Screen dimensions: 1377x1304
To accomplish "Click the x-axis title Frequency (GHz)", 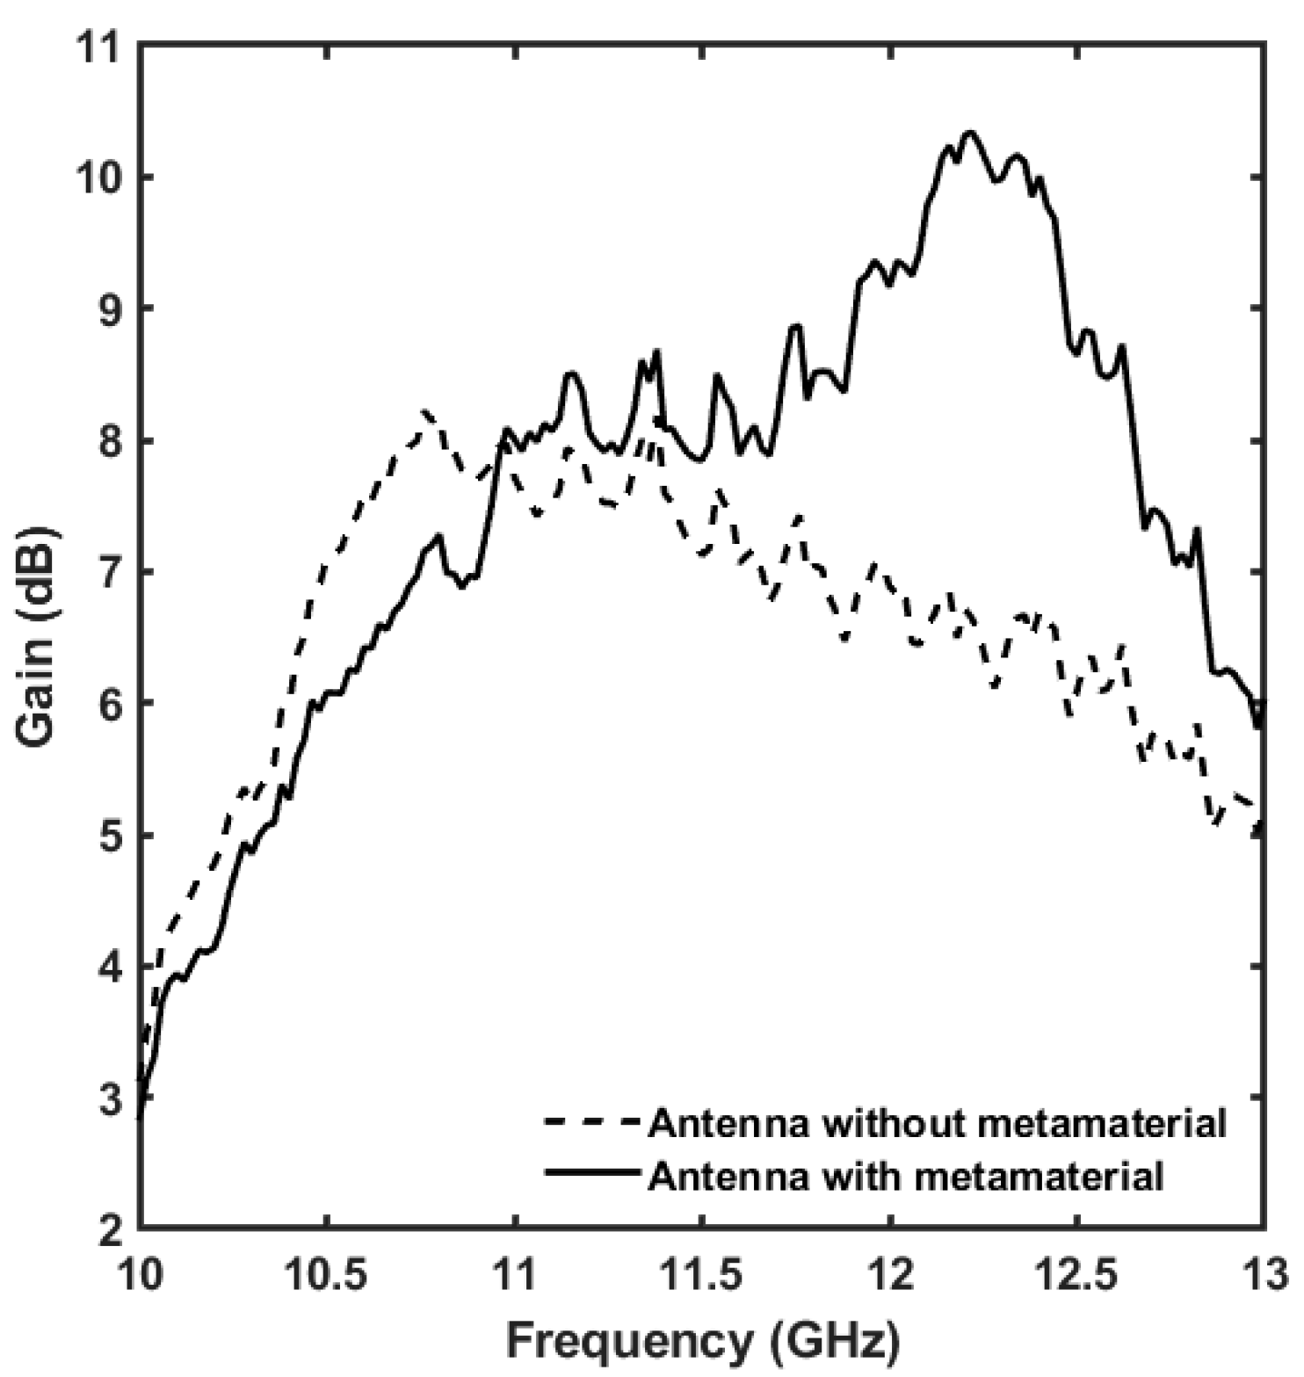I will click(703, 1342).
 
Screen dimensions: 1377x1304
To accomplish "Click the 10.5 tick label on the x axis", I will click(327, 1276).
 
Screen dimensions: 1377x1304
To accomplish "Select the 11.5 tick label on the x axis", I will click(701, 1276).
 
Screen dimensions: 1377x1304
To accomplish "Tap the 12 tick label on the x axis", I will click(889, 1276).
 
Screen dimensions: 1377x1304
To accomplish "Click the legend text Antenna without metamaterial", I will click(937, 1123).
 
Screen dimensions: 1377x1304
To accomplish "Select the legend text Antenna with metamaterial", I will click(906, 1175).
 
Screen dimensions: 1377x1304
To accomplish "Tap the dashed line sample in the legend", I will click(593, 1122).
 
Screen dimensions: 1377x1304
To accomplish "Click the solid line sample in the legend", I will click(593, 1173).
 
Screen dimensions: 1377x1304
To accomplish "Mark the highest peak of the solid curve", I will click(970, 133).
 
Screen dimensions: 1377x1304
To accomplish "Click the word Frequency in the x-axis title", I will click(625, 1342).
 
